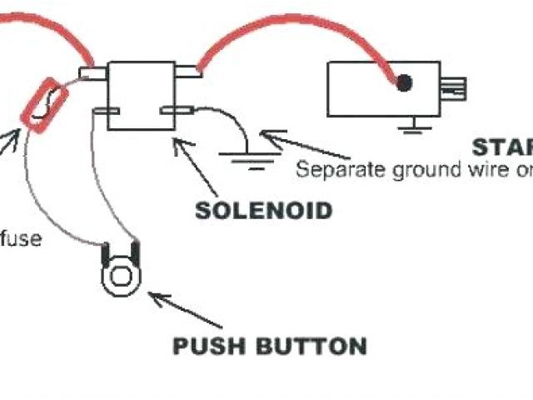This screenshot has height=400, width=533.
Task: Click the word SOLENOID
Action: [x=263, y=209]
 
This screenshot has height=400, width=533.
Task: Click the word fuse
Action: [x=21, y=238]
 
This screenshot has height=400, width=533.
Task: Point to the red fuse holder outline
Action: [x=42, y=106]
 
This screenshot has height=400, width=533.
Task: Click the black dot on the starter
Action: [x=404, y=82]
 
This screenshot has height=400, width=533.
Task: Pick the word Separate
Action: [x=332, y=170]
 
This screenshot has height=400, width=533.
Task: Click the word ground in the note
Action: [x=406, y=170]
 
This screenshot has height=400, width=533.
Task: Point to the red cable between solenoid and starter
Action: [x=275, y=25]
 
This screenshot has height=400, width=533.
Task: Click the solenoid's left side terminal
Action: [x=94, y=74]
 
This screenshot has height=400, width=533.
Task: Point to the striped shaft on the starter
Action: [x=454, y=87]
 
